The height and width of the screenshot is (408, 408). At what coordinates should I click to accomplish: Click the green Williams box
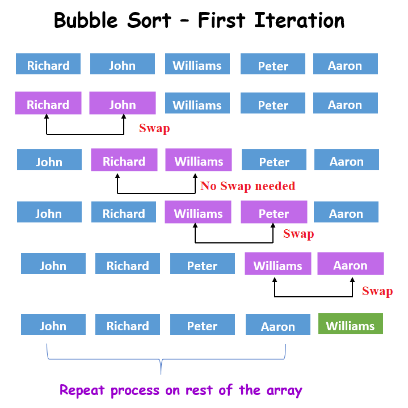[350, 325]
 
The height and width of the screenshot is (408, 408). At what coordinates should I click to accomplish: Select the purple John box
[122, 104]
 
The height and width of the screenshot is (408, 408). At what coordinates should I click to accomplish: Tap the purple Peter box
[274, 213]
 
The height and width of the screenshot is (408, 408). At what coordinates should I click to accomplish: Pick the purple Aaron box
[350, 265]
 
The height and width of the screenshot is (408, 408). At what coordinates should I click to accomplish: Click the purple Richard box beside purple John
[48, 104]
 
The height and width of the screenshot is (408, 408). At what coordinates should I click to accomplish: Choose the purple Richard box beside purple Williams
[124, 161]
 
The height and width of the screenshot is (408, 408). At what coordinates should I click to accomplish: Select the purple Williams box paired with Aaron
[277, 265]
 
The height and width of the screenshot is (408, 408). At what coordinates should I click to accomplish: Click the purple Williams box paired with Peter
[198, 213]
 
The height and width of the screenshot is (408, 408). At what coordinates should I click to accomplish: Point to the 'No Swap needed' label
[247, 186]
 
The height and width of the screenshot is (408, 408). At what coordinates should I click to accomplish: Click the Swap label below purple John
[154, 128]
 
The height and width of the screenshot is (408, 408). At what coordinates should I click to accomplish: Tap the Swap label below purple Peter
[298, 234]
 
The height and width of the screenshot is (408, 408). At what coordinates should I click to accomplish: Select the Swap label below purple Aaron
[377, 291]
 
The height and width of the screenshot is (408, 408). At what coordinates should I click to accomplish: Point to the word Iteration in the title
[299, 20]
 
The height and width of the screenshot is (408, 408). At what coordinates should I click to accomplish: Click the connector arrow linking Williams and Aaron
[313, 296]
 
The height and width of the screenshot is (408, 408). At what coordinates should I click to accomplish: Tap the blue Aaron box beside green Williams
[277, 326]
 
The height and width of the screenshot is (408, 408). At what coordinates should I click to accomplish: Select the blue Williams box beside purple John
[197, 104]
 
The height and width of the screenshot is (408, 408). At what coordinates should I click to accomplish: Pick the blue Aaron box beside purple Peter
[346, 213]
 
